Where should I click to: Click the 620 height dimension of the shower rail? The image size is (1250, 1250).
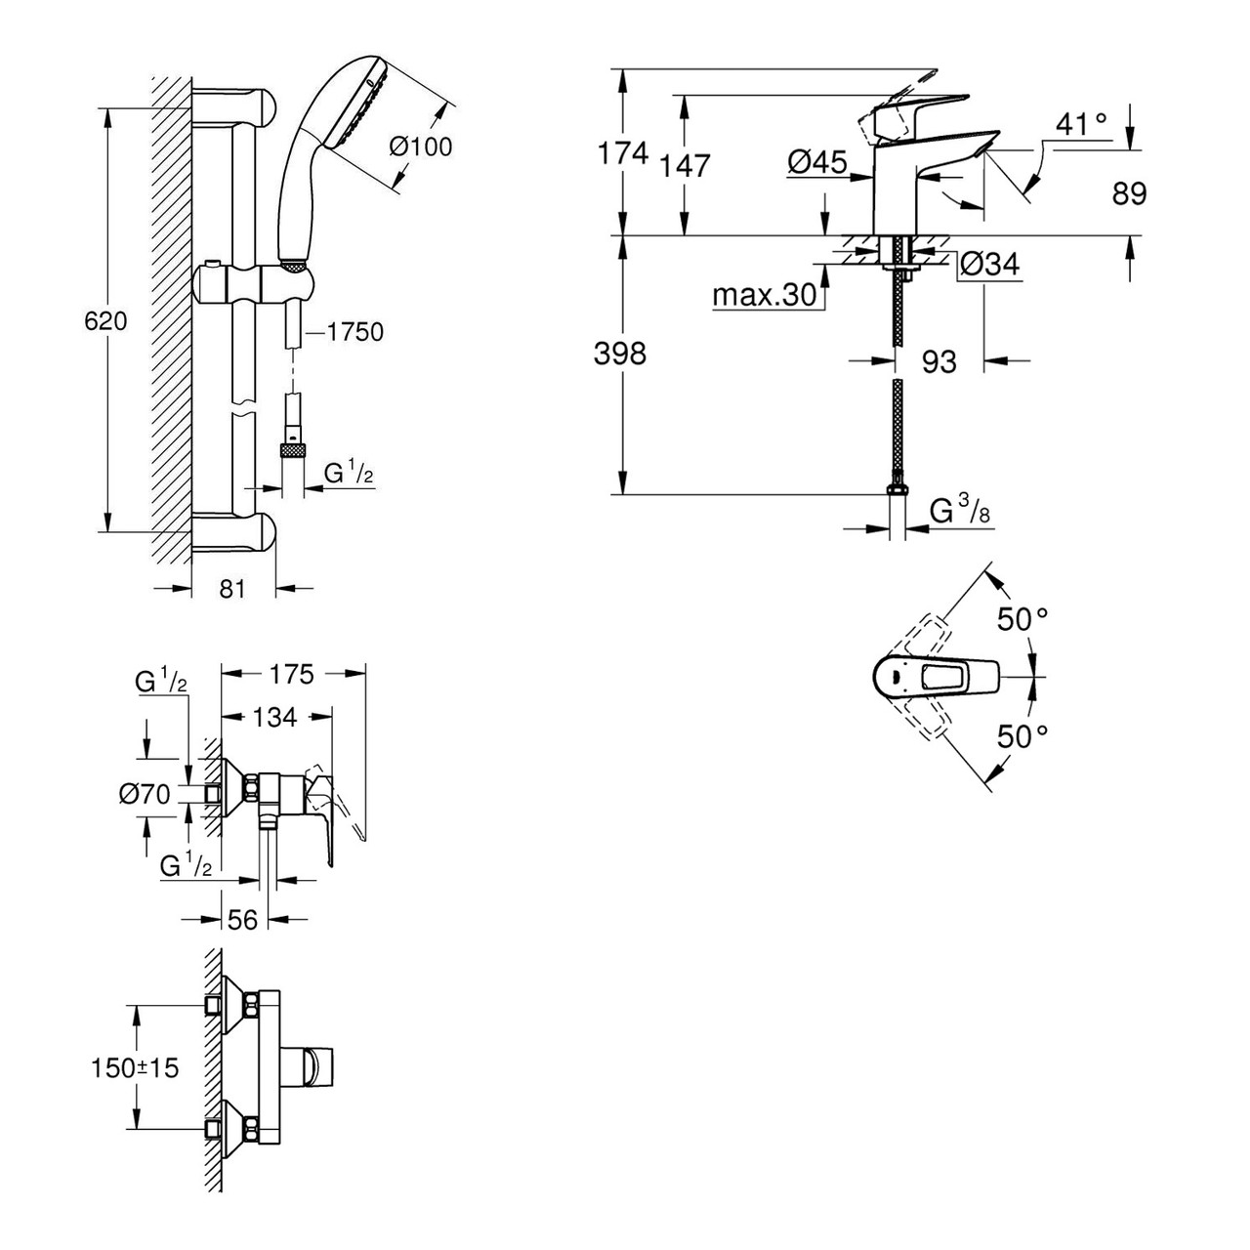(105, 320)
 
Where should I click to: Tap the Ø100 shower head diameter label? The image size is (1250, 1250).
(420, 146)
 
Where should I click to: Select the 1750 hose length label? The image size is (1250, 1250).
(354, 332)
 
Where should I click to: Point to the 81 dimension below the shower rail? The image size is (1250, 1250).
(231, 589)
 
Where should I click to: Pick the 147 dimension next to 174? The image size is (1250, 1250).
(685, 165)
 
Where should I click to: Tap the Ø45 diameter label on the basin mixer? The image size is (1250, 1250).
(816, 162)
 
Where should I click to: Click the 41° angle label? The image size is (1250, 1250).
(1081, 124)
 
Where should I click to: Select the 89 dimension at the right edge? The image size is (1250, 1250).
(1129, 193)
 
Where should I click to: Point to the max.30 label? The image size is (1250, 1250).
(765, 294)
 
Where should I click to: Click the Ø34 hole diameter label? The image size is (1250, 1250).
(988, 264)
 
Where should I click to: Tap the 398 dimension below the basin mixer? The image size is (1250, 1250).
(620, 353)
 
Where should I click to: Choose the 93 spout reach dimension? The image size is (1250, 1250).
(938, 361)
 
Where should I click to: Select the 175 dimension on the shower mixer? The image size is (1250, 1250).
(290, 673)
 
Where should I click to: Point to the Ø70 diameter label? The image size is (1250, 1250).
(146, 794)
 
